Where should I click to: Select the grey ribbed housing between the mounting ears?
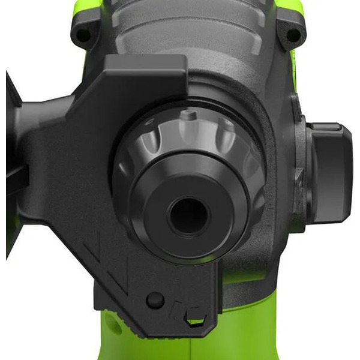(x=186, y=30)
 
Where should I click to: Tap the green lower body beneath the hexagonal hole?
(x=198, y=345)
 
